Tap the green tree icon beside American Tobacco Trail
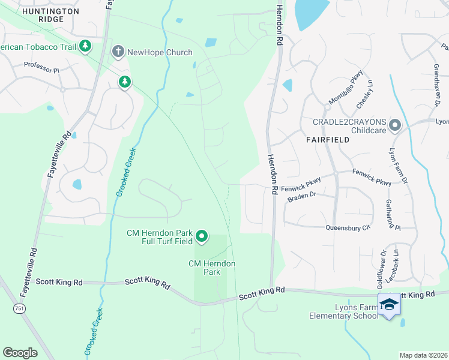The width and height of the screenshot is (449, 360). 85,46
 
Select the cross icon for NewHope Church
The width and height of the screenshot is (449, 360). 118,53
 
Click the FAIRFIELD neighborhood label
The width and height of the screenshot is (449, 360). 327,139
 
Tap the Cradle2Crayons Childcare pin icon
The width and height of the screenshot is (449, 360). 395,125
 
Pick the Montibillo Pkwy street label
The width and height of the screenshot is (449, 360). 346,94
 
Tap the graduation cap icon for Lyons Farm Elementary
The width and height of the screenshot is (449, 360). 388,304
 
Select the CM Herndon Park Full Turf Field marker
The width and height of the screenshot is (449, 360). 202,237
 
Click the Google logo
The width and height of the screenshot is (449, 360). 20,353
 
